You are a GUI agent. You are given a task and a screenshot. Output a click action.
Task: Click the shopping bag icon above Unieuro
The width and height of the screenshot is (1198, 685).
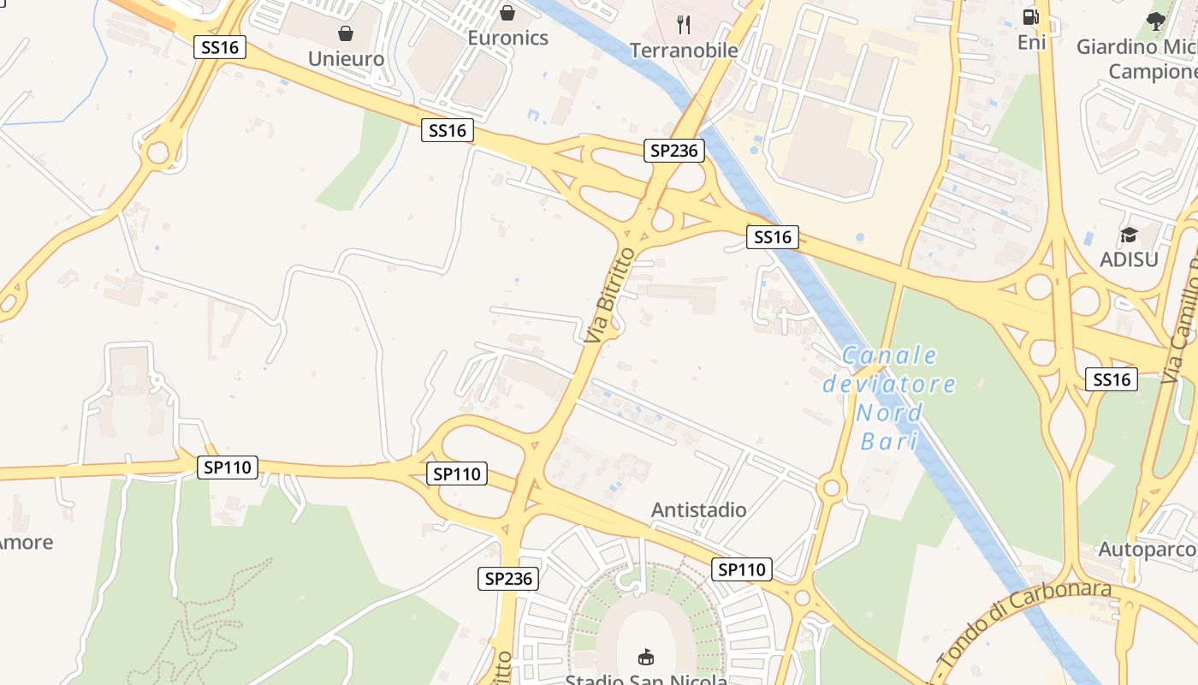click(346, 33)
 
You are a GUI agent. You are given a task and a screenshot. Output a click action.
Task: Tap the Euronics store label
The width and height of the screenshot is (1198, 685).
click(507, 38)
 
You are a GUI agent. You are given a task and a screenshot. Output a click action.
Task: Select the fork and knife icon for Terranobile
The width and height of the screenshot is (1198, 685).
click(683, 24)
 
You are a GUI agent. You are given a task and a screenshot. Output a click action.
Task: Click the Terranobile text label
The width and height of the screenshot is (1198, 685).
click(684, 51)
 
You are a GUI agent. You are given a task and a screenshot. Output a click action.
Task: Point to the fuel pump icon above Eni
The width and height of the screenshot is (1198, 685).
click(1031, 16)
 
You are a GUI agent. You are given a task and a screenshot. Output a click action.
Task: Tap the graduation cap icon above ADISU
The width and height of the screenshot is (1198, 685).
click(1130, 235)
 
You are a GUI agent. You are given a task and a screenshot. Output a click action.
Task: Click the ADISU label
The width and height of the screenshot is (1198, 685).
click(1130, 259)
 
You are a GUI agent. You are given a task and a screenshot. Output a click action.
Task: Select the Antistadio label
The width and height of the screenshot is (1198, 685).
click(698, 510)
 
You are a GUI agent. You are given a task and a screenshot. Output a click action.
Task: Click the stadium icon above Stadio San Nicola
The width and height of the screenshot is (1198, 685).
click(646, 657)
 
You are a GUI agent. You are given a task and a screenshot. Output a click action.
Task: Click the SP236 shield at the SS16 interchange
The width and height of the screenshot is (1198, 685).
click(674, 151)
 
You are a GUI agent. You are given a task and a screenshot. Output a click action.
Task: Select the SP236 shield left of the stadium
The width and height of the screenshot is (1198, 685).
click(507, 579)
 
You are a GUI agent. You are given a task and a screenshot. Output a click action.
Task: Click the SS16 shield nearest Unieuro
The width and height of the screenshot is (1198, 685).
click(221, 47)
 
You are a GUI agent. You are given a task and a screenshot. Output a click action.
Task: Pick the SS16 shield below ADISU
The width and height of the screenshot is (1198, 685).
click(1112, 379)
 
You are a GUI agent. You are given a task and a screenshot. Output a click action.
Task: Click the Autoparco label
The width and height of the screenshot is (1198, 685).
click(1147, 549)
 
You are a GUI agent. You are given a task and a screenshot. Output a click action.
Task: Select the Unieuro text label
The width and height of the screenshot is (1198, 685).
click(346, 59)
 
